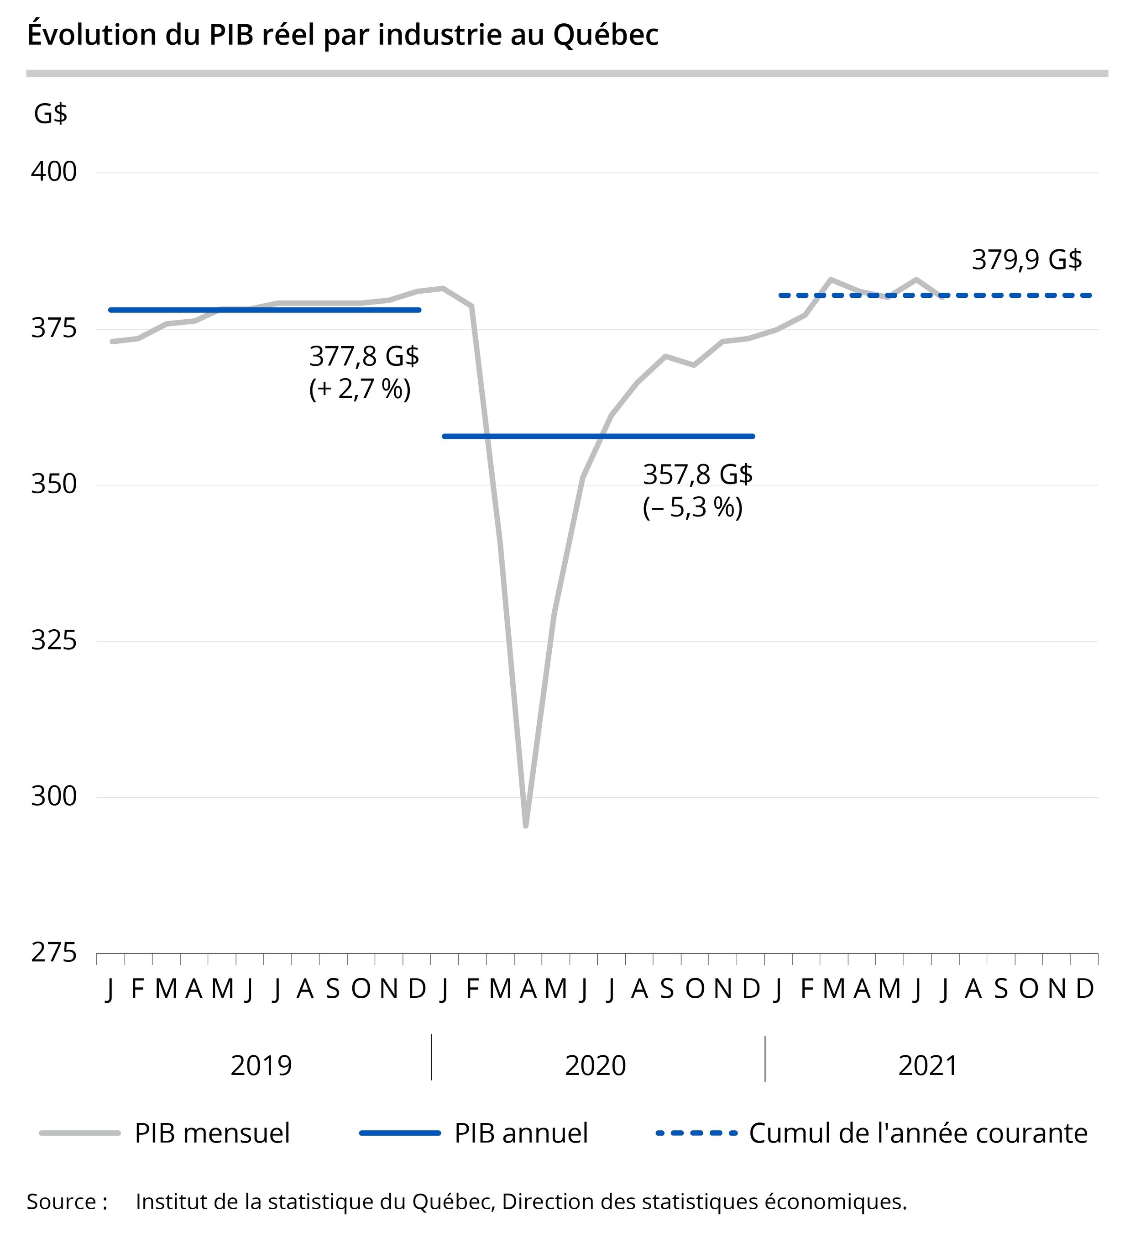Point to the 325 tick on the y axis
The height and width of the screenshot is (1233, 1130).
coord(54,641)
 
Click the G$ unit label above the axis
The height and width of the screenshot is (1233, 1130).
coord(51,114)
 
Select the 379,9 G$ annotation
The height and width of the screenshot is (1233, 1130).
coord(1027,260)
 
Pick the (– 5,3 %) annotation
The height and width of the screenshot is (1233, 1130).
coord(692,508)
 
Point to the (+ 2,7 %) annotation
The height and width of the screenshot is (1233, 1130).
coord(360,389)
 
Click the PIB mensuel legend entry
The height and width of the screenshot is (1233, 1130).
coord(212,1133)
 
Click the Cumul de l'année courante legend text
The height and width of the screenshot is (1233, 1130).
coord(918,1133)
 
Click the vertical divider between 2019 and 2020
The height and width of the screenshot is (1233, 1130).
coord(431,1057)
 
